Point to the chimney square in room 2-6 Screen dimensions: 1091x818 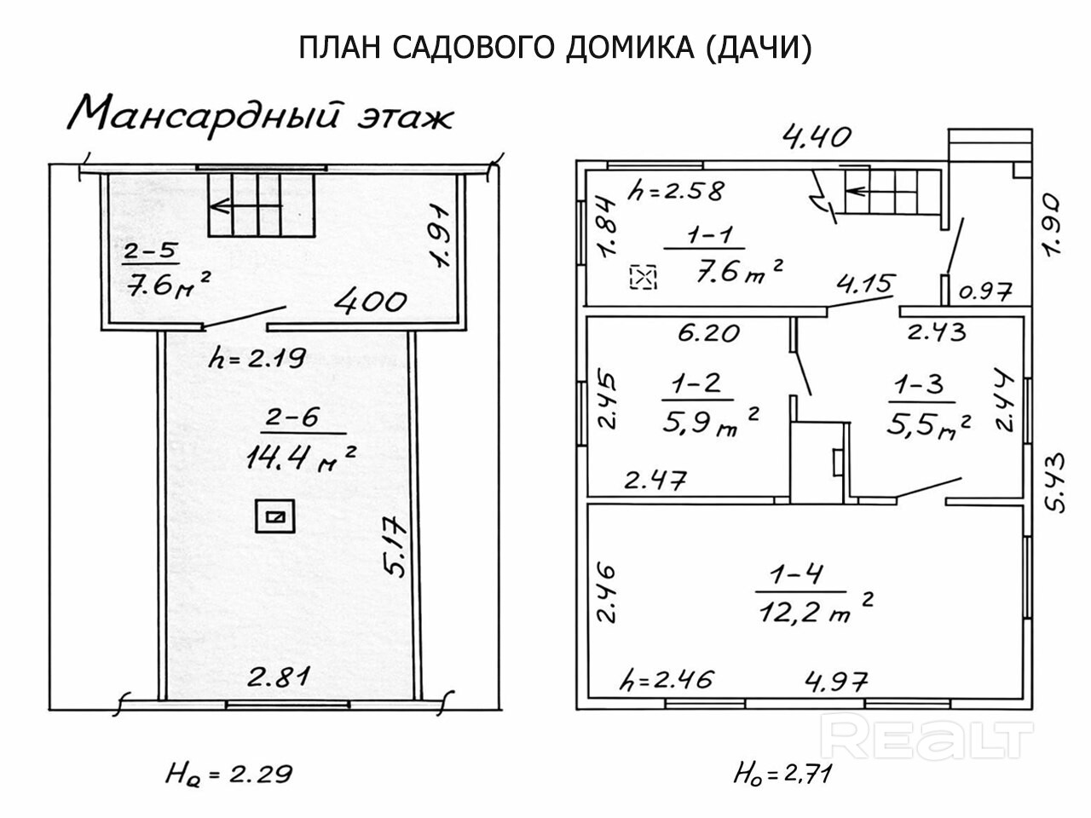tap(275, 516)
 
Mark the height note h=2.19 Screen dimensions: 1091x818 tap(257, 359)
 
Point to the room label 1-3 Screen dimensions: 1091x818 tap(918, 385)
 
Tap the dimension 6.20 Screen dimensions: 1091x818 tap(708, 331)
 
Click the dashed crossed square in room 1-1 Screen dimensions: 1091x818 tap(644, 277)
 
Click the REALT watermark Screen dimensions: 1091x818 tap(931, 737)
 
